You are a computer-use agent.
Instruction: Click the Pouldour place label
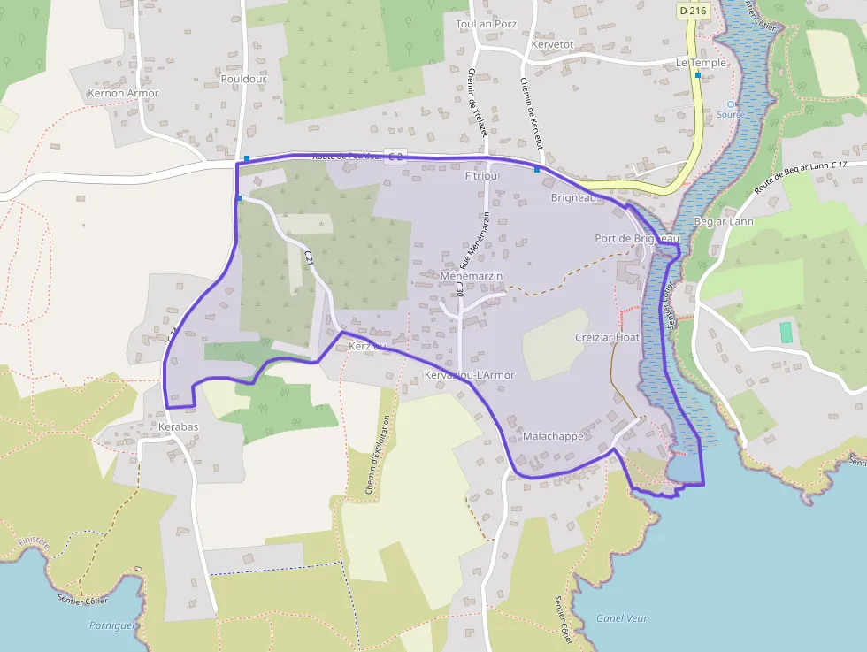point(243,79)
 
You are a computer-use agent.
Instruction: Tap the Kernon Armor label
point(123,93)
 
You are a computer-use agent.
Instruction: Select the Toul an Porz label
point(486,24)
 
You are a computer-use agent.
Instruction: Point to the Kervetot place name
point(553,44)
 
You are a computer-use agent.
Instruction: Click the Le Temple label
point(701,63)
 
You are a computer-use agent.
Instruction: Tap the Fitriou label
point(482,176)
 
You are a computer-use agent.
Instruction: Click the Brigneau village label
point(573,197)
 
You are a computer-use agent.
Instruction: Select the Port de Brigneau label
point(636,239)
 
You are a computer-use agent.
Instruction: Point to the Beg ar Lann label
point(724,221)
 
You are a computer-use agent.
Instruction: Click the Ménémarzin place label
point(471,277)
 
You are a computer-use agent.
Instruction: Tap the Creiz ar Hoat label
point(607,337)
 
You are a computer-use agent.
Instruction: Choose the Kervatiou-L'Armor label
point(469,375)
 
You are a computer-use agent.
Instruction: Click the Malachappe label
point(553,437)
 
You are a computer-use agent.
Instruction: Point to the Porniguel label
point(112,625)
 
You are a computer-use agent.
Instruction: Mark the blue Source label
point(731,114)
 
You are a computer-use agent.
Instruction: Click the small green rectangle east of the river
point(786,333)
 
